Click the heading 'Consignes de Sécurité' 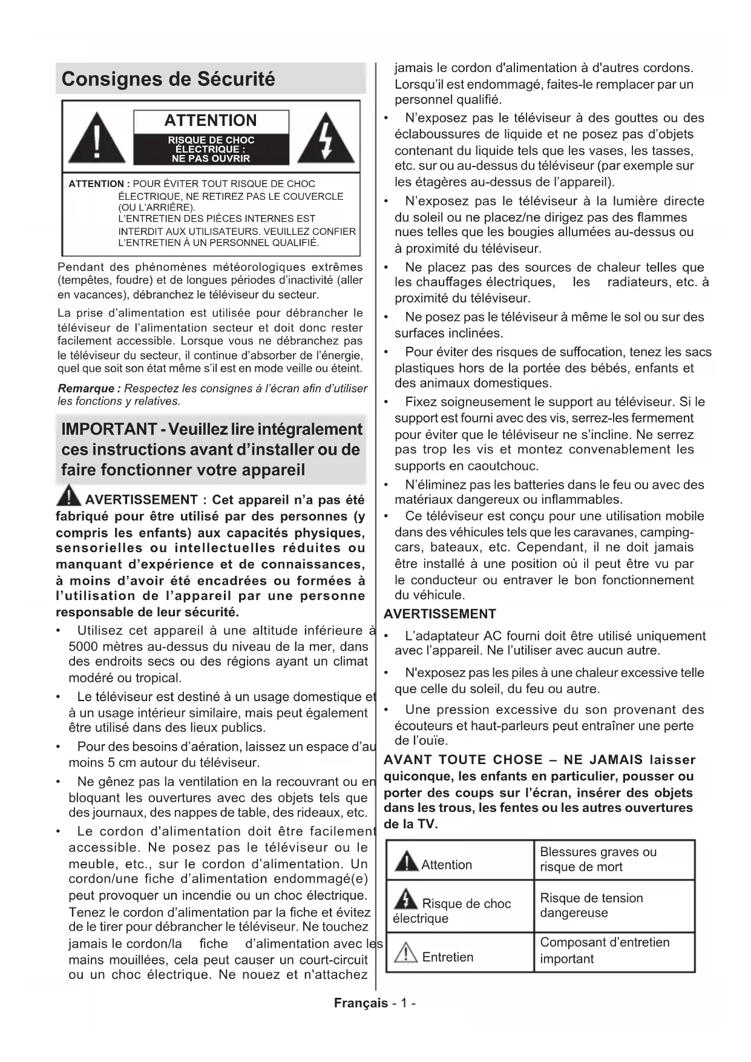coord(168,79)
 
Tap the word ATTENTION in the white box coord(211,120)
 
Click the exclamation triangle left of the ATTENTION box coord(97,139)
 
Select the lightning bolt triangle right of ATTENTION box coord(326,139)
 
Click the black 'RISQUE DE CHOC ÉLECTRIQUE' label coord(211,150)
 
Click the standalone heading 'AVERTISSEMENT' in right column coord(440,614)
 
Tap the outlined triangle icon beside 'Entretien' coord(405,954)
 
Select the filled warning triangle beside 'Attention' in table coord(406,861)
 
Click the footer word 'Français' coord(361,1003)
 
